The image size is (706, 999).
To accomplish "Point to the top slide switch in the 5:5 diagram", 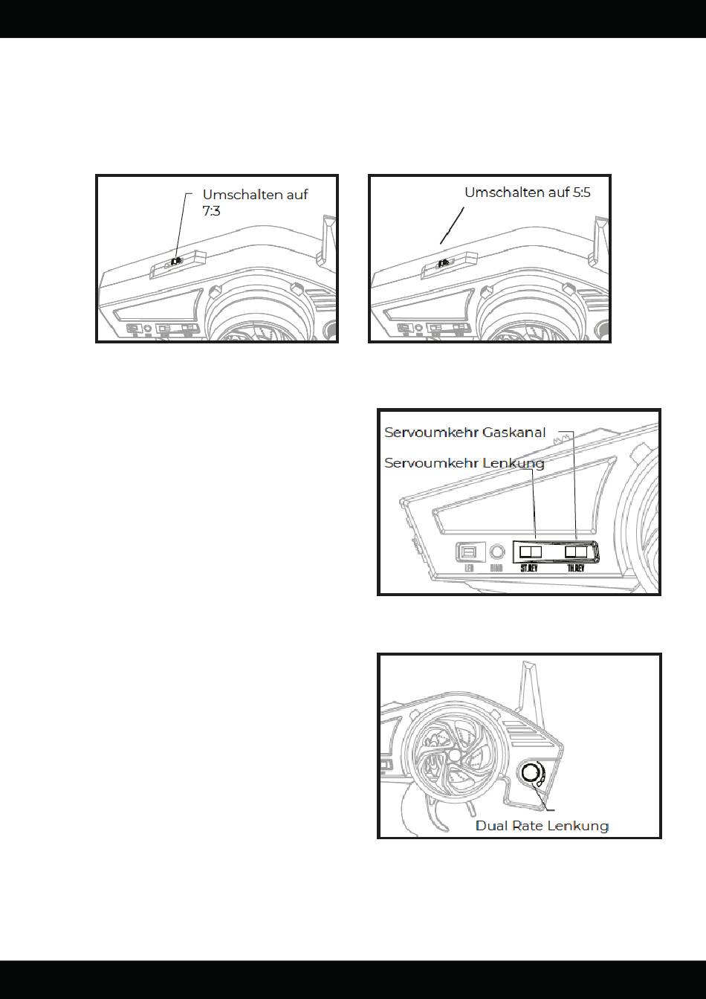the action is tap(443, 262).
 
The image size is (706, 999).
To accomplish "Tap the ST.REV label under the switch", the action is tap(530, 569).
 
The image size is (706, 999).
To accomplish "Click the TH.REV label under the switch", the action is tap(576, 569).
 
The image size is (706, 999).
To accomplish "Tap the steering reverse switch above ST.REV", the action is tap(531, 552).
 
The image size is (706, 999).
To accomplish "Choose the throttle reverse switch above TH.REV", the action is tap(576, 552).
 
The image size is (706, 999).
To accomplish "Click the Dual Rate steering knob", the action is tap(531, 775).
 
